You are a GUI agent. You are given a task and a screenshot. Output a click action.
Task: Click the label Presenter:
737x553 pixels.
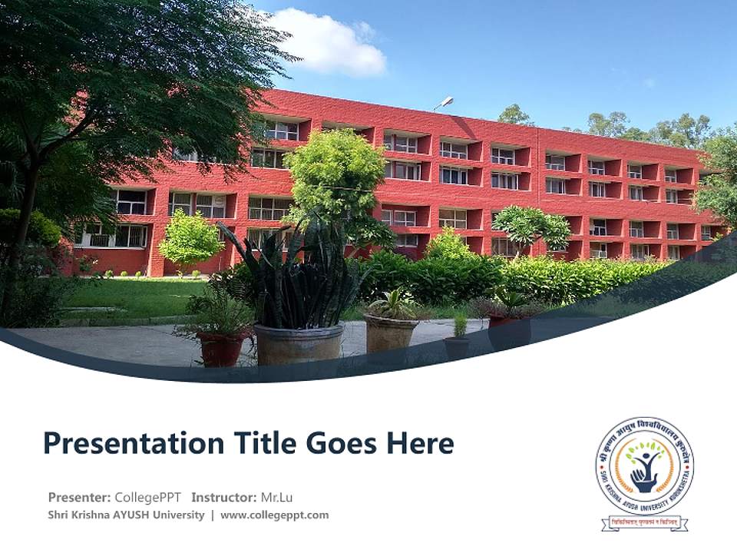80,497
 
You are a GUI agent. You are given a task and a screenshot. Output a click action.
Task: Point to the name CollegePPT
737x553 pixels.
147,497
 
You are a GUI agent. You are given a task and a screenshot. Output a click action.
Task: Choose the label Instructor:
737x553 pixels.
223,497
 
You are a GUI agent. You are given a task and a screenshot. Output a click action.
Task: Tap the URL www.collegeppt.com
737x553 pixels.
274,515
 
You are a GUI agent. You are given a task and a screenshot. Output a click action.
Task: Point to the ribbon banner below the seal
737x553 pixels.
645,523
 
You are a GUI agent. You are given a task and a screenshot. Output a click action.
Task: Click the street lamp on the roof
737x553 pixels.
444,102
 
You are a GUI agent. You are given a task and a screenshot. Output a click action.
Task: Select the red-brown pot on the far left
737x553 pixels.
221,348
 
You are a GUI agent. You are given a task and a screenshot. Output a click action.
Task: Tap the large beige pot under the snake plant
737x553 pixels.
299,344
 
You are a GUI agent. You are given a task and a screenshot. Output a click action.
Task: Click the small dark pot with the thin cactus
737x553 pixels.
458,346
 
